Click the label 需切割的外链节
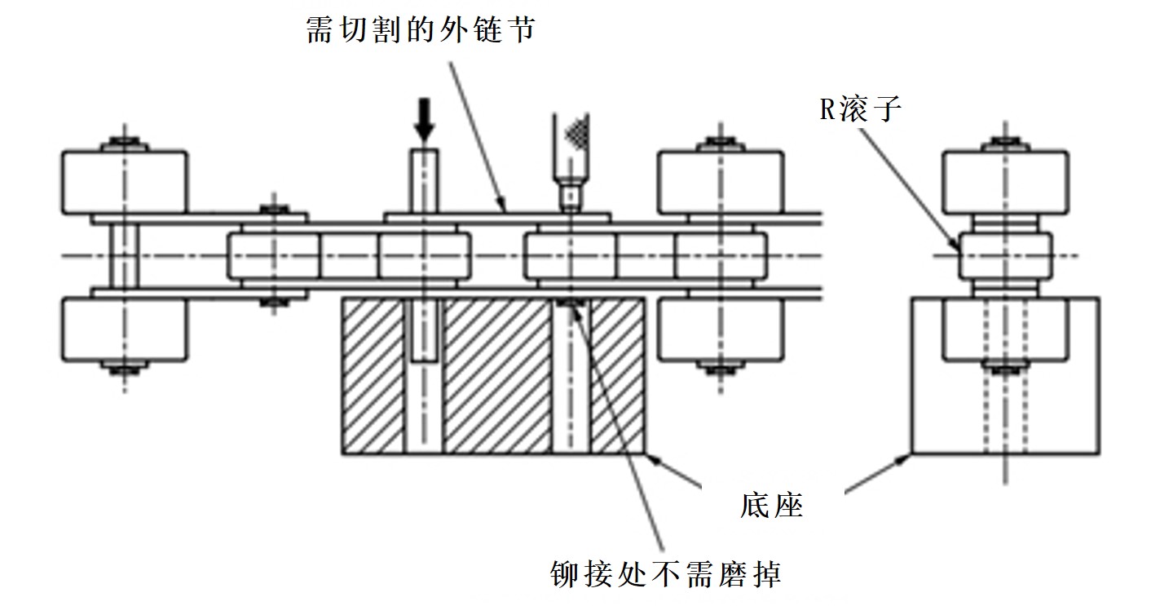pos(419,31)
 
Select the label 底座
pos(772,506)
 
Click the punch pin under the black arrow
pos(424,179)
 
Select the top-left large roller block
pos(125,182)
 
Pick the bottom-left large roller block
pos(125,330)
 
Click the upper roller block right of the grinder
pos(721,182)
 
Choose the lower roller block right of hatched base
pos(721,330)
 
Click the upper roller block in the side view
pos(1004,182)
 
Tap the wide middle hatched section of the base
pos(496,375)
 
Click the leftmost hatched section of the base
pos(373,375)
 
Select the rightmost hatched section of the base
pos(617,375)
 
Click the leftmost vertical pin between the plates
pos(125,254)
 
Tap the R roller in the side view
pos(1004,255)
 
